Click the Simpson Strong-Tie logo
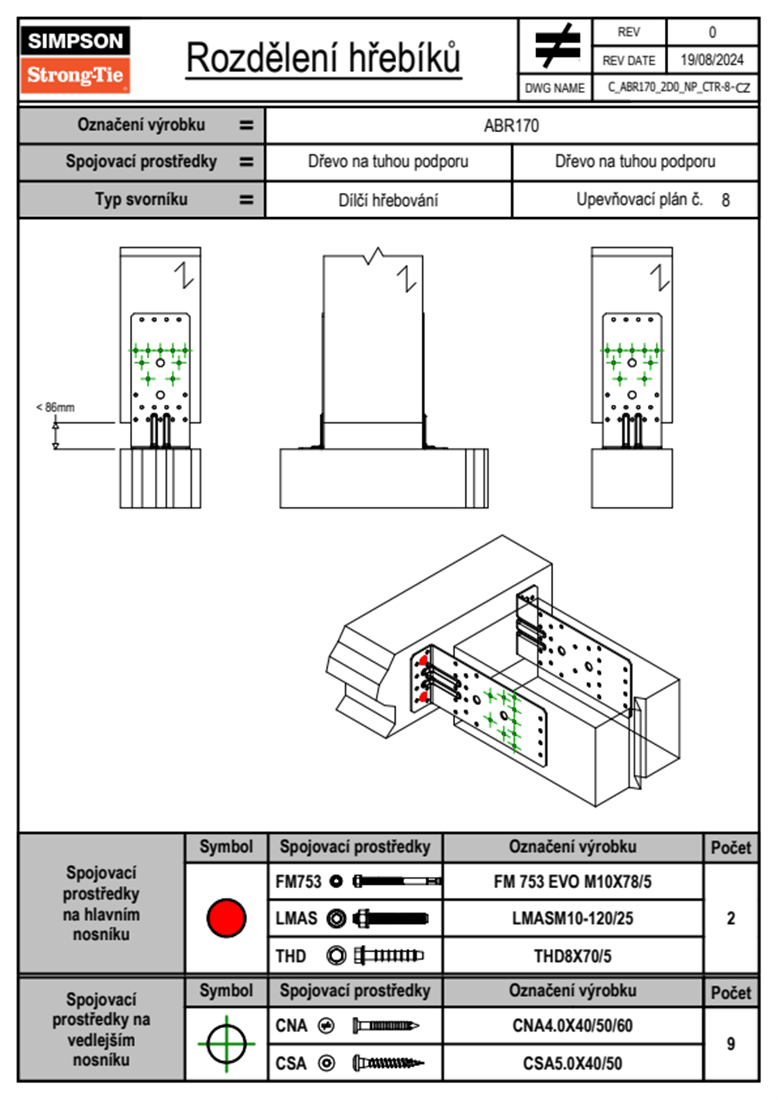[75, 60]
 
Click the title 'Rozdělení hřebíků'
[324, 58]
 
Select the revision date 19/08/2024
[711, 60]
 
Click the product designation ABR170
[511, 126]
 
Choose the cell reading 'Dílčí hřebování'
[388, 200]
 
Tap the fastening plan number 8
[725, 200]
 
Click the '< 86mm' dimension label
[55, 407]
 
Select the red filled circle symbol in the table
[226, 918]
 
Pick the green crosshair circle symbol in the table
[226, 1044]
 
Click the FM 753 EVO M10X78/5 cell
[572, 882]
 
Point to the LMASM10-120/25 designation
[572, 918]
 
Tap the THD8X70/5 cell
[572, 956]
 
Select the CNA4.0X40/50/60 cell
[572, 1025]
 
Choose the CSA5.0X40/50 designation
[572, 1063]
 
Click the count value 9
[730, 1044]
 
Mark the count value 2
[730, 918]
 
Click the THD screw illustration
[388, 956]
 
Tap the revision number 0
[712, 32]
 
